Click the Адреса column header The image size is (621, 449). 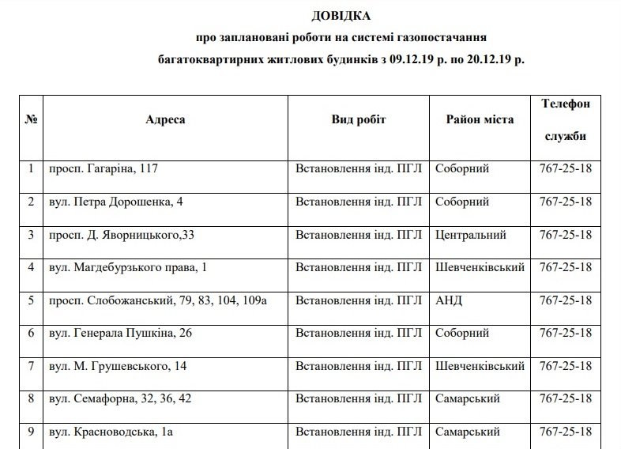166,119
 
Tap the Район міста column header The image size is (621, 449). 480,119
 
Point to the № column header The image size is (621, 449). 32,119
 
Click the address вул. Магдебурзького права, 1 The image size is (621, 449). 128,268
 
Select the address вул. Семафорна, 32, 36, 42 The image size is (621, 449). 120,399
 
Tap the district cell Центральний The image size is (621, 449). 471,235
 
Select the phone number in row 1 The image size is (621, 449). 566,169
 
